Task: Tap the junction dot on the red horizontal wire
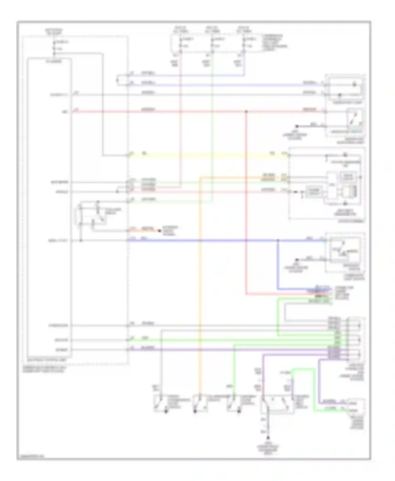click(x=246, y=112)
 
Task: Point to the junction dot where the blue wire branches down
click(x=278, y=241)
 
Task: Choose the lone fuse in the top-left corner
click(x=54, y=45)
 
